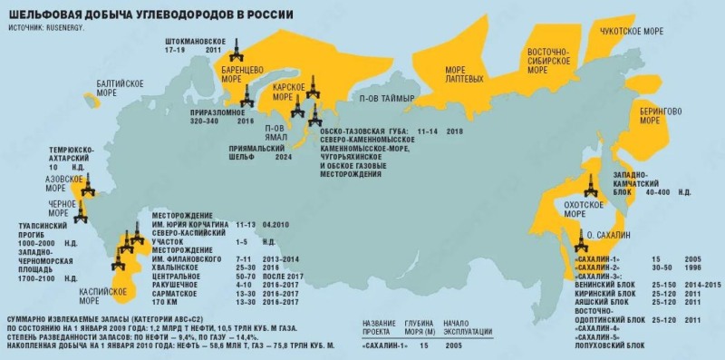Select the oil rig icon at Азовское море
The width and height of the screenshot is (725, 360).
[x=87, y=189]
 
